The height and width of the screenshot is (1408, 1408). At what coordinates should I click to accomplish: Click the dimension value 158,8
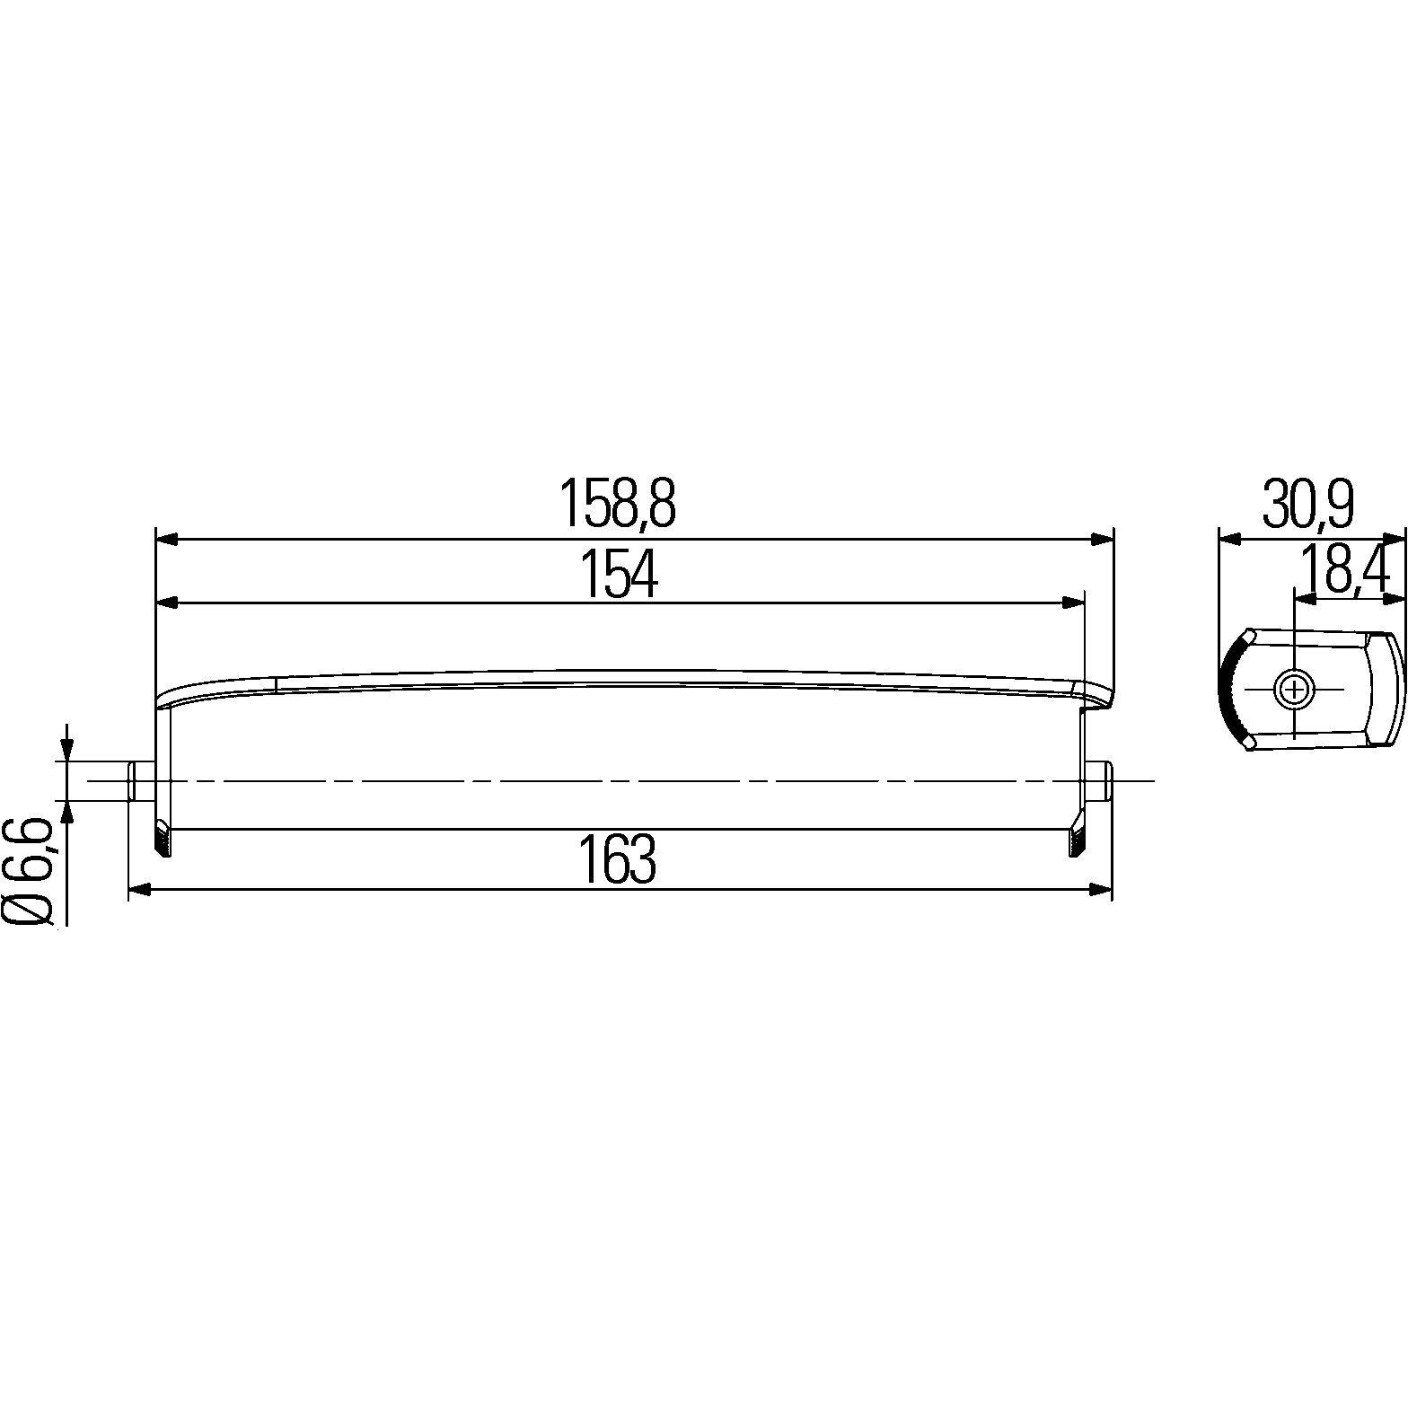(617, 503)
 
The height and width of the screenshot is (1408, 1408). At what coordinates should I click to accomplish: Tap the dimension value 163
(617, 859)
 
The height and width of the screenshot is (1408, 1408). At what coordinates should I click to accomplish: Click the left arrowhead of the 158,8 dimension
(168, 539)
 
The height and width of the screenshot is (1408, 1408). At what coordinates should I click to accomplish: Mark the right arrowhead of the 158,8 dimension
(1101, 539)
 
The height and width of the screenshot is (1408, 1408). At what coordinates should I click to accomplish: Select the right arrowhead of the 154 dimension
(1072, 603)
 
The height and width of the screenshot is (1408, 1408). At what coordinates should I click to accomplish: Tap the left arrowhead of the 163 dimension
(142, 889)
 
